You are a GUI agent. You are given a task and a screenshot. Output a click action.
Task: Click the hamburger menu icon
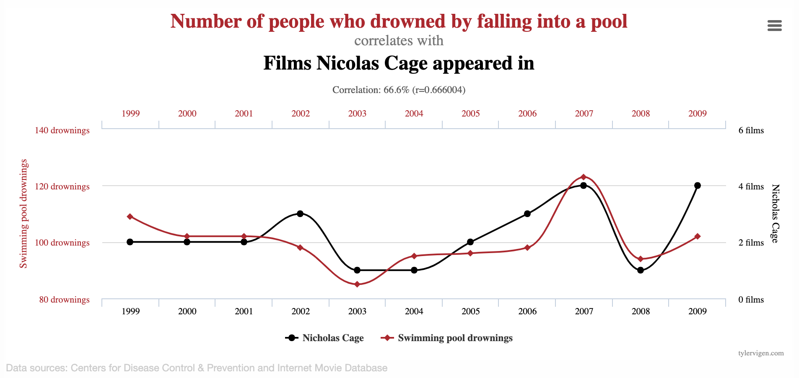pos(774,26)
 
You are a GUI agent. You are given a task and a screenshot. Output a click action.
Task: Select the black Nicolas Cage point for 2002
pos(300,214)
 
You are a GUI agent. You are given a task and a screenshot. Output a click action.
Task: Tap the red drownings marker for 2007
pos(584,177)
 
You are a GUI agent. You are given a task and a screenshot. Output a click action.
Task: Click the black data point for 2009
pos(698,186)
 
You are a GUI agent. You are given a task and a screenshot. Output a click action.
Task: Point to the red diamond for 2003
pos(357,285)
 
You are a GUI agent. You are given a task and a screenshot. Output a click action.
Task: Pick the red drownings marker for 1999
pos(130,217)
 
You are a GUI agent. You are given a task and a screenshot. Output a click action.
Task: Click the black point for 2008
pos(641,270)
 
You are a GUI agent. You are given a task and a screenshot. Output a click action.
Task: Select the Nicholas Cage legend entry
pos(324,338)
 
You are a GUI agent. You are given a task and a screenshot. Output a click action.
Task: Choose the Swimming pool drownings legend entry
pos(447,338)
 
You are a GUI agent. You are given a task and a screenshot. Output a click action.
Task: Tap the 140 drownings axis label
pos(62,130)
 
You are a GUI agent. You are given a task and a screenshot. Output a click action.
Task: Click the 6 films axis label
pos(751,130)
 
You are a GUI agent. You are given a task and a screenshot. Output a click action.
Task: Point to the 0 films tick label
pos(751,300)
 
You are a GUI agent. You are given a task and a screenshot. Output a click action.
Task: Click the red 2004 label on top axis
pos(414,114)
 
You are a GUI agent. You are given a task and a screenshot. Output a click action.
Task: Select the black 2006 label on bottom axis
pos(527,311)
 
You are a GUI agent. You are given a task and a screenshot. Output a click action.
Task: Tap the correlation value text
pos(399,90)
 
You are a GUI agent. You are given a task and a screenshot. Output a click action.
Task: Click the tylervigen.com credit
pos(761,353)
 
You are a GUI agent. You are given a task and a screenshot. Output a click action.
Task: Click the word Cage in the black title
pos(407,63)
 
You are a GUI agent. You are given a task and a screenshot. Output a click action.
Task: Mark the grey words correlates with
pos(399,41)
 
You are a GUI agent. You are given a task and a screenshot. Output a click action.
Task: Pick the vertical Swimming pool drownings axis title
pos(23,214)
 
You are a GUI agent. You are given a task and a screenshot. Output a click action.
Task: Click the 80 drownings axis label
pos(65,300)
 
